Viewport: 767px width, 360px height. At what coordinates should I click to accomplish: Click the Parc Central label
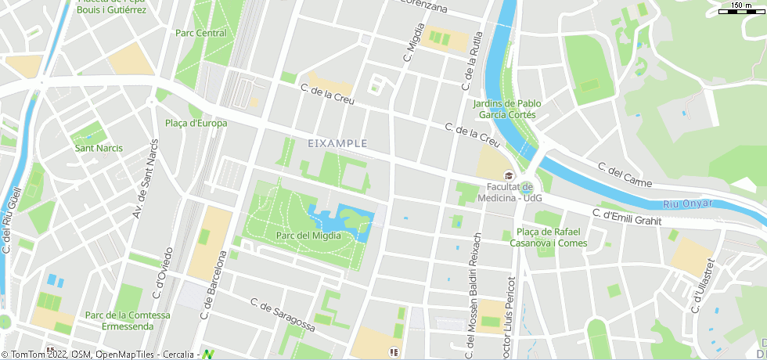201,33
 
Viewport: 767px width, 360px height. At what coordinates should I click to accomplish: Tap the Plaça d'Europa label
196,123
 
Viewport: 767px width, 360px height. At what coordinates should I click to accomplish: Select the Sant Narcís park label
99,148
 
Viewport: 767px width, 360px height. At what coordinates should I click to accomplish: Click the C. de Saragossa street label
283,314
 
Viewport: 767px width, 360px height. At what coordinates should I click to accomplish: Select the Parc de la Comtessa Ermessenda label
128,321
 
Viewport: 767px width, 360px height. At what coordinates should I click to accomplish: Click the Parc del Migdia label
308,236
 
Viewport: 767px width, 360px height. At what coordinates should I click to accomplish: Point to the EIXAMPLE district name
338,143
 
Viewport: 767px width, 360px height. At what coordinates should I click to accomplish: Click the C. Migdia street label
409,42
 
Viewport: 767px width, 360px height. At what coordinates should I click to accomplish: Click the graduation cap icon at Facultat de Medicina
509,175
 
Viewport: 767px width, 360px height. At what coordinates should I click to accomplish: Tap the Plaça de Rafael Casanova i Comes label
549,237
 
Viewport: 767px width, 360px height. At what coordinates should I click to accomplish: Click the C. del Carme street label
625,175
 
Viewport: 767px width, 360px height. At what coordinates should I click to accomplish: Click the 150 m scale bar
741,8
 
